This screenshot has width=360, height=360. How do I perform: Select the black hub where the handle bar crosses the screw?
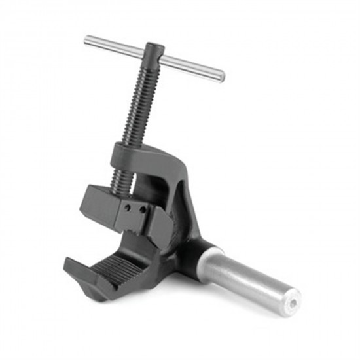(x=154, y=52)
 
